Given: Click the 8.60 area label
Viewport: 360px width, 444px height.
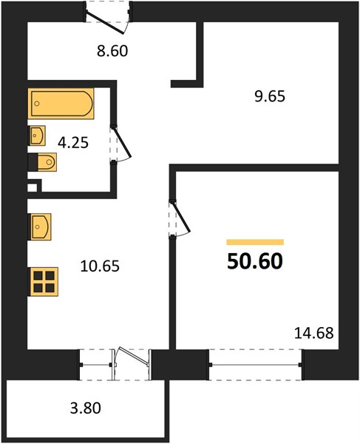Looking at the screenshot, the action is pyautogui.click(x=112, y=51).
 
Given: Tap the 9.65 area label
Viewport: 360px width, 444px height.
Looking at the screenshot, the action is pyautogui.click(x=270, y=96).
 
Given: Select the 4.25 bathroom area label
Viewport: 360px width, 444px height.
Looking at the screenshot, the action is pyautogui.click(x=73, y=142).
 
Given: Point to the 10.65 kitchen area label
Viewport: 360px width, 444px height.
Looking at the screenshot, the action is pyautogui.click(x=100, y=266).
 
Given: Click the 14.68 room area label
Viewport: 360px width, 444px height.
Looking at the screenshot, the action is pyautogui.click(x=314, y=333).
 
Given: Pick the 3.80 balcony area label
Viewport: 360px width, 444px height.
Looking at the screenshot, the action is pyautogui.click(x=86, y=408).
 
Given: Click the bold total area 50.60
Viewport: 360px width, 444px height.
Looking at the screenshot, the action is pyautogui.click(x=255, y=261).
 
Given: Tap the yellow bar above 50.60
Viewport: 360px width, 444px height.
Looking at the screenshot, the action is pyautogui.click(x=255, y=242).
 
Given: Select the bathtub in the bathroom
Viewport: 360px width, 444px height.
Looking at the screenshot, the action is pyautogui.click(x=61, y=104).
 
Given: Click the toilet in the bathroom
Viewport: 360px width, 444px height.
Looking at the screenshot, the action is pyautogui.click(x=42, y=162).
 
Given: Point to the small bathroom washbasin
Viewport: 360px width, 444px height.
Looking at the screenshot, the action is pyautogui.click(x=37, y=135).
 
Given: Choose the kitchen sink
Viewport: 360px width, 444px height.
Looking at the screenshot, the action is pyautogui.click(x=40, y=227).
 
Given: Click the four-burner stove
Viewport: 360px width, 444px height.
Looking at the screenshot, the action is pyautogui.click(x=44, y=282).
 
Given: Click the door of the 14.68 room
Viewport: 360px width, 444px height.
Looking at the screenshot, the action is pyautogui.click(x=180, y=218).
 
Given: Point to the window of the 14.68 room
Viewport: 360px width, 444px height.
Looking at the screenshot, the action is pyautogui.click(x=255, y=365).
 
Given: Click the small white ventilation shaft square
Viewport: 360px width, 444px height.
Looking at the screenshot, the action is pyautogui.click(x=33, y=188).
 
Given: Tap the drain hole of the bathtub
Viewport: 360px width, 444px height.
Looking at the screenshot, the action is pyautogui.click(x=37, y=104).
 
